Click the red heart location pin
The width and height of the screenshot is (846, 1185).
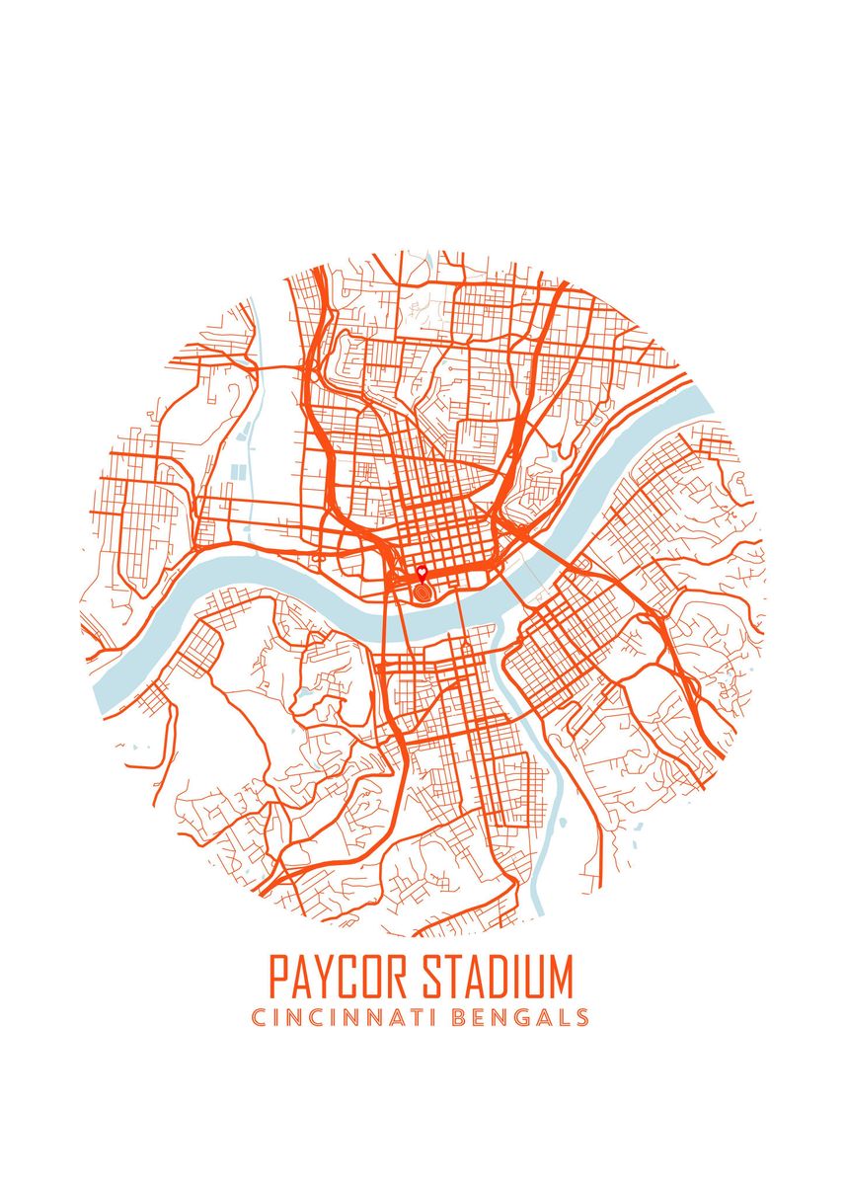click(422, 572)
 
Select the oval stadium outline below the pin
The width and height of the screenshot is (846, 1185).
click(423, 592)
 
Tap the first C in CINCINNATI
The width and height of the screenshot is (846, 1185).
click(259, 1017)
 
